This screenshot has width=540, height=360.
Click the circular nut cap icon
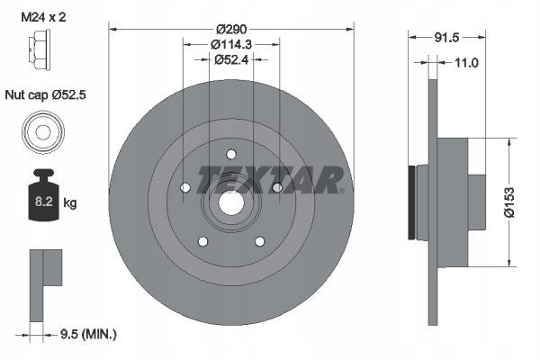click(41, 131)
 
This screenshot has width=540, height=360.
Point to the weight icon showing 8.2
click(41, 200)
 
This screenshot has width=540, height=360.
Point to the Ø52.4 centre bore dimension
click(230, 59)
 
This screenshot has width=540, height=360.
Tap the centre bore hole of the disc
click(230, 204)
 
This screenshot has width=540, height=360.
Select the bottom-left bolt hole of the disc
click(202, 241)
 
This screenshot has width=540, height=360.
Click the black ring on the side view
click(413, 204)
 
